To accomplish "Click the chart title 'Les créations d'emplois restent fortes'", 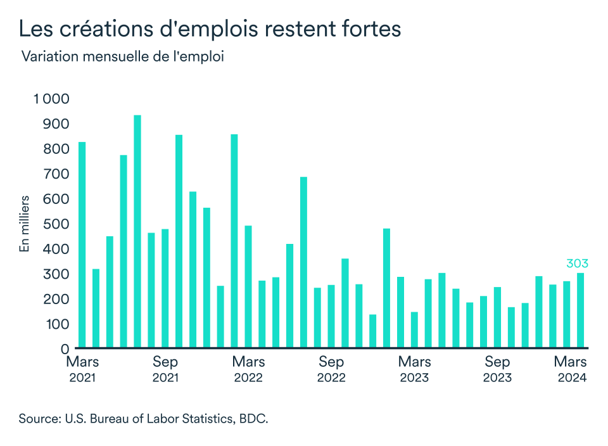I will [x=209, y=29].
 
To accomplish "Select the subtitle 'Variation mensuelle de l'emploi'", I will [x=123, y=56].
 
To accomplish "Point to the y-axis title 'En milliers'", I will [x=25, y=224].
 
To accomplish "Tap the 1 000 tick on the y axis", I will [x=51, y=99].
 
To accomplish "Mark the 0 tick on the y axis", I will [x=64, y=349].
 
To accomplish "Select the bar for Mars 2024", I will [x=580, y=310].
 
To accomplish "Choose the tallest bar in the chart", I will [x=137, y=232].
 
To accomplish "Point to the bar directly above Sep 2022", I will [x=331, y=317].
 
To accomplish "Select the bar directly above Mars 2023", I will [x=414, y=330].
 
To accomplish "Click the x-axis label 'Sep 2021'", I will [x=165, y=369].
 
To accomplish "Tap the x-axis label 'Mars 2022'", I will [x=248, y=369].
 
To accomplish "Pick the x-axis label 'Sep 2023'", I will [x=497, y=369].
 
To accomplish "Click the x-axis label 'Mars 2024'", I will [x=571, y=369].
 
